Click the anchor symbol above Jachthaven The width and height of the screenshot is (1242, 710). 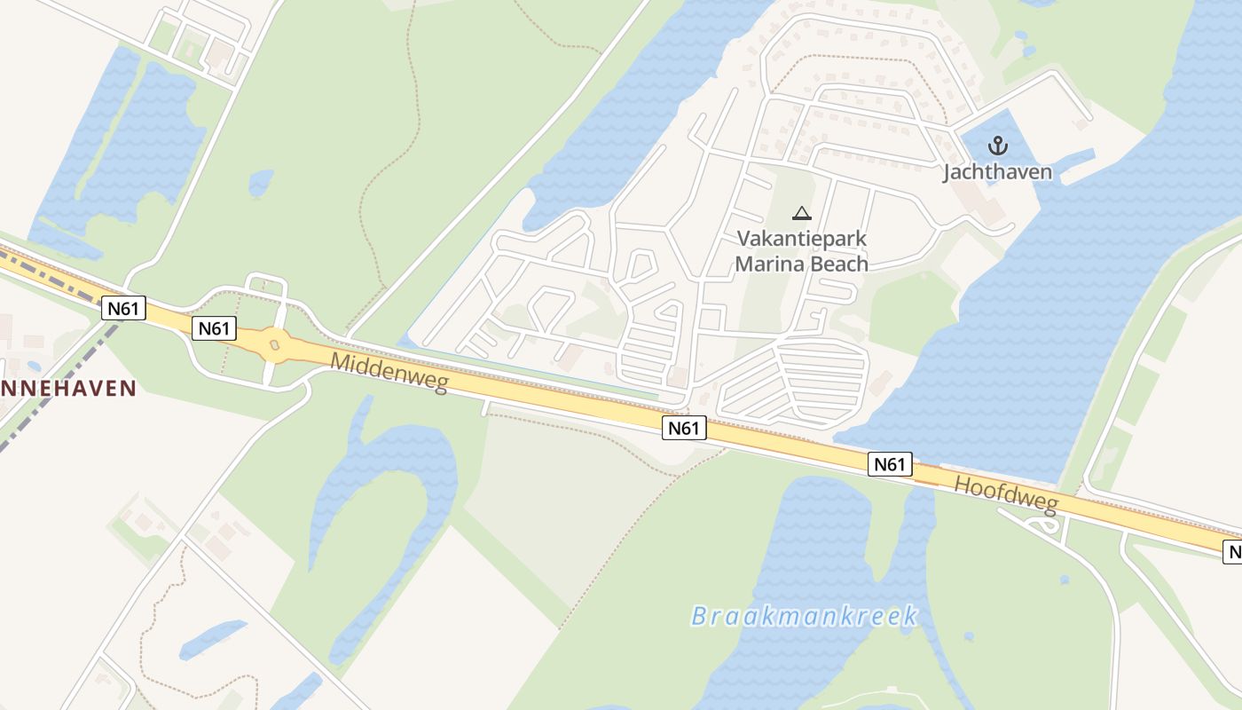coord(998,145)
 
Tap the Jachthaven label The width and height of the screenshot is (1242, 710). coord(997,171)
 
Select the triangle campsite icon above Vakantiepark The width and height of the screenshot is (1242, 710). coord(801,213)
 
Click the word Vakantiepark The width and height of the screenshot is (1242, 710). coord(801,239)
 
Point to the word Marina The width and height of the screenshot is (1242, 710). coord(766,264)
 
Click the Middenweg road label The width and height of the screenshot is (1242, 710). coord(389,372)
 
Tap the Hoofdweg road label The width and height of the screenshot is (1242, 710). coord(1007,494)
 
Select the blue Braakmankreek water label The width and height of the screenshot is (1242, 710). coord(804,616)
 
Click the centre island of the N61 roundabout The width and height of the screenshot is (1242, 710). coord(274,343)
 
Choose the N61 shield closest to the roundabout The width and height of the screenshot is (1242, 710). coord(214,328)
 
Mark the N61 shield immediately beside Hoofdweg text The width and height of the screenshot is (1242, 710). coord(890,463)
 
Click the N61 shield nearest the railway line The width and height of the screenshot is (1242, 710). coord(123,308)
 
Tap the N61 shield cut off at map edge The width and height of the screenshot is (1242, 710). coord(1233,552)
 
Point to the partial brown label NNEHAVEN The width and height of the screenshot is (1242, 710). coord(68,388)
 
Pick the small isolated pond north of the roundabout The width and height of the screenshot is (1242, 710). coord(260,182)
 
